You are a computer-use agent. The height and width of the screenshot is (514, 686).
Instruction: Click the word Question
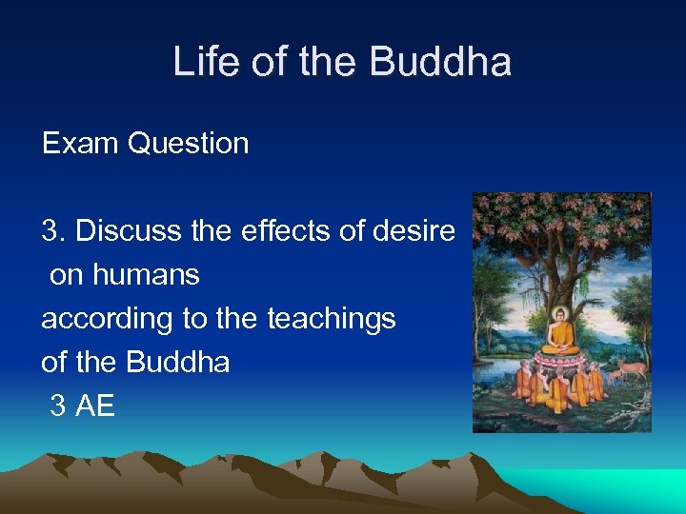pyautogui.click(x=188, y=144)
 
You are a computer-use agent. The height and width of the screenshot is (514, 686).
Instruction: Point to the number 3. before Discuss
pyautogui.click(x=53, y=230)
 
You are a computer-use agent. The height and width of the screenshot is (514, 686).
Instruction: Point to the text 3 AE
pyautogui.click(x=82, y=406)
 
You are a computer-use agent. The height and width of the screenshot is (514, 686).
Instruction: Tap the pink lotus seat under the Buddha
pyautogui.click(x=561, y=360)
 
